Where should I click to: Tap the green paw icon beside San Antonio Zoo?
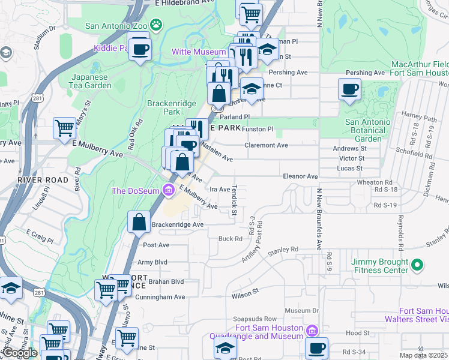[x=156, y=25]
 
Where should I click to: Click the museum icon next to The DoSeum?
[x=169, y=191]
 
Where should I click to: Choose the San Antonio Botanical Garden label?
[x=367, y=130]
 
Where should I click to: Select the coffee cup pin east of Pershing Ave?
[x=349, y=90]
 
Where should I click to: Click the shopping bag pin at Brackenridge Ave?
[x=139, y=222]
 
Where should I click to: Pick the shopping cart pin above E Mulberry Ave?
[x=64, y=128]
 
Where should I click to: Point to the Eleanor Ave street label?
[x=300, y=176]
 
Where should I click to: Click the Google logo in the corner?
[x=20, y=353]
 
